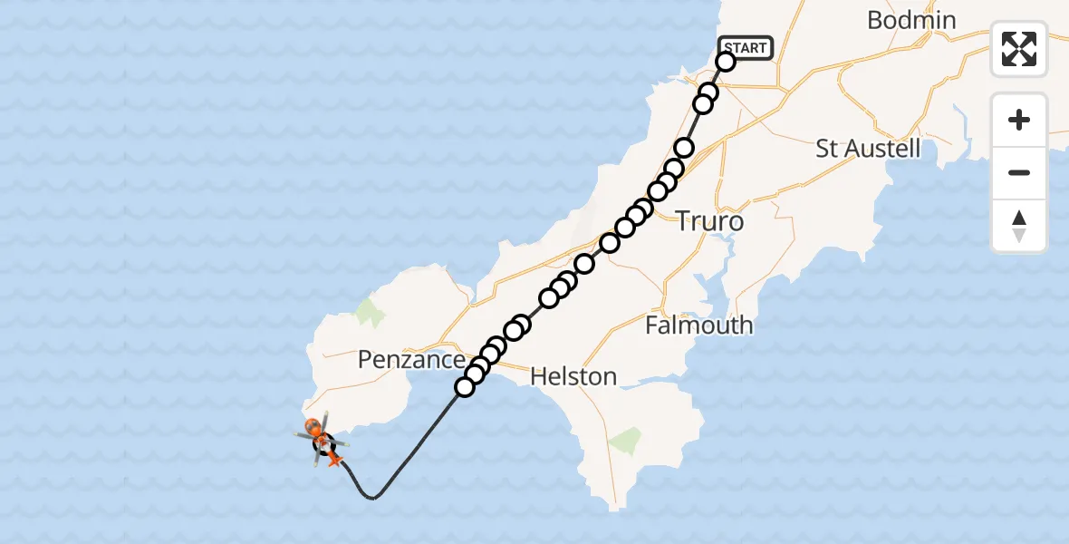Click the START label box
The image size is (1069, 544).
click(746, 48)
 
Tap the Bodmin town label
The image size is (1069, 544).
click(911, 20)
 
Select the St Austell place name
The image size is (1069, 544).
click(868, 149)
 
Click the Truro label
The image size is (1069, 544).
click(710, 222)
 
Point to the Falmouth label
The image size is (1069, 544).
click(698, 325)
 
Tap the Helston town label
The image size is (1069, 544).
click(573, 375)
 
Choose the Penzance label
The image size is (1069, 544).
click(411, 360)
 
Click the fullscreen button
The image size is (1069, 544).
click(1019, 49)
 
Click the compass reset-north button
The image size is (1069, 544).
click(1019, 226)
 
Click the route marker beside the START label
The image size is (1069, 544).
click(726, 62)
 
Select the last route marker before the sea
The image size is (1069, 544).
click(465, 387)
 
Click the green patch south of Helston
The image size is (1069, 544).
click(625, 442)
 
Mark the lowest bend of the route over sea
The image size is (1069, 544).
click(371, 498)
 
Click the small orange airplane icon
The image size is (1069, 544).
click(334, 461)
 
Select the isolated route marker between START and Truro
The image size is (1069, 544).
click(684, 148)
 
